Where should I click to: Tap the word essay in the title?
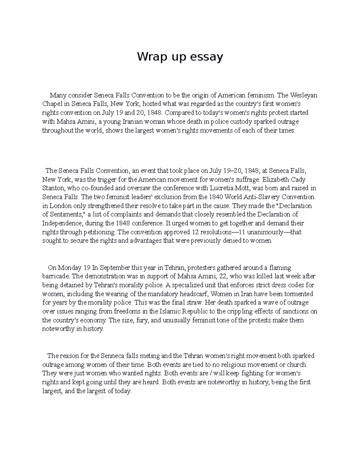207,57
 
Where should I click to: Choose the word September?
114,268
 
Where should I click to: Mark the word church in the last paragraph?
298,365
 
